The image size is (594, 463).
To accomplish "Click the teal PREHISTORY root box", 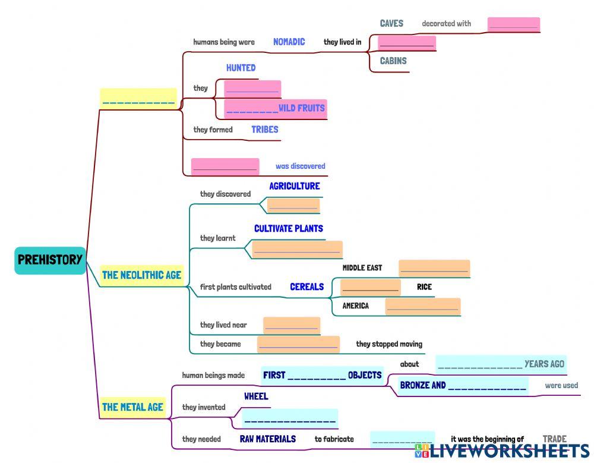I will coord(50,260).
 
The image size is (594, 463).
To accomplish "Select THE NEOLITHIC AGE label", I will coord(141,275).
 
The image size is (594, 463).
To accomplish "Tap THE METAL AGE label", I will coord(132,407).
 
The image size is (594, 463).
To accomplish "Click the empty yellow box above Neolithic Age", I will coord(138,98).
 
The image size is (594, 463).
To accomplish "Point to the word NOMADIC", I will coord(289,42).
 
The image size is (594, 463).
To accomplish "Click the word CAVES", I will coord(391,24).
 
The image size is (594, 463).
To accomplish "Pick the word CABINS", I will coord(393,61).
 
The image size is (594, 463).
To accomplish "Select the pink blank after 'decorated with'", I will coord(513,24).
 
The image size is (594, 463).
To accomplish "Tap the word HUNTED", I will coord(241,68).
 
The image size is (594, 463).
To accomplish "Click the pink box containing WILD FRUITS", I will coord(276,108).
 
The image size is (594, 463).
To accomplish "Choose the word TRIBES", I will coord(264,129).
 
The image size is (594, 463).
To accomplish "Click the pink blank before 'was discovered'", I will coord(225,166).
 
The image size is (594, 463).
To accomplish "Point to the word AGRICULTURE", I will coord(294,186).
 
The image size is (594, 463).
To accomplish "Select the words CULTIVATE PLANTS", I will coord(289,228).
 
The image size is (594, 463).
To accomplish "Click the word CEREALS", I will coord(307,286).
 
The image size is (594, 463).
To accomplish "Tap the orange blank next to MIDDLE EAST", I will coord(434,268).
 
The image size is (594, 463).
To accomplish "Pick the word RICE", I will coord(424,287).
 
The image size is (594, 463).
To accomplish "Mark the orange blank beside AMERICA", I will coord(422,306).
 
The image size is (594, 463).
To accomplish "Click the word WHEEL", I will coord(256,396).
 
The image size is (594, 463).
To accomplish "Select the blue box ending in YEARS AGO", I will coord(501,364).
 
